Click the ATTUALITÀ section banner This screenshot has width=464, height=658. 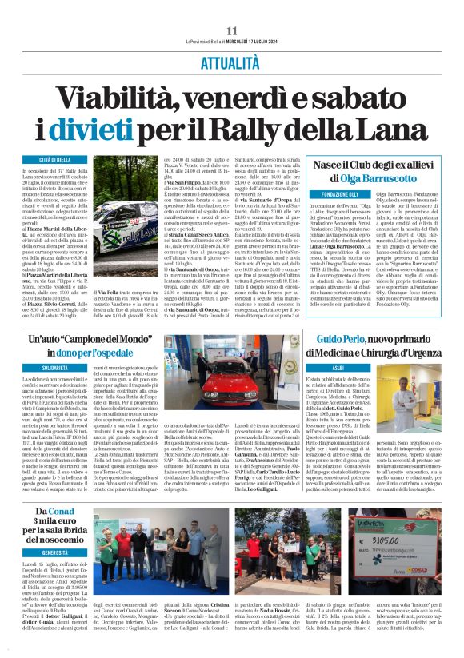[x=231, y=61]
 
